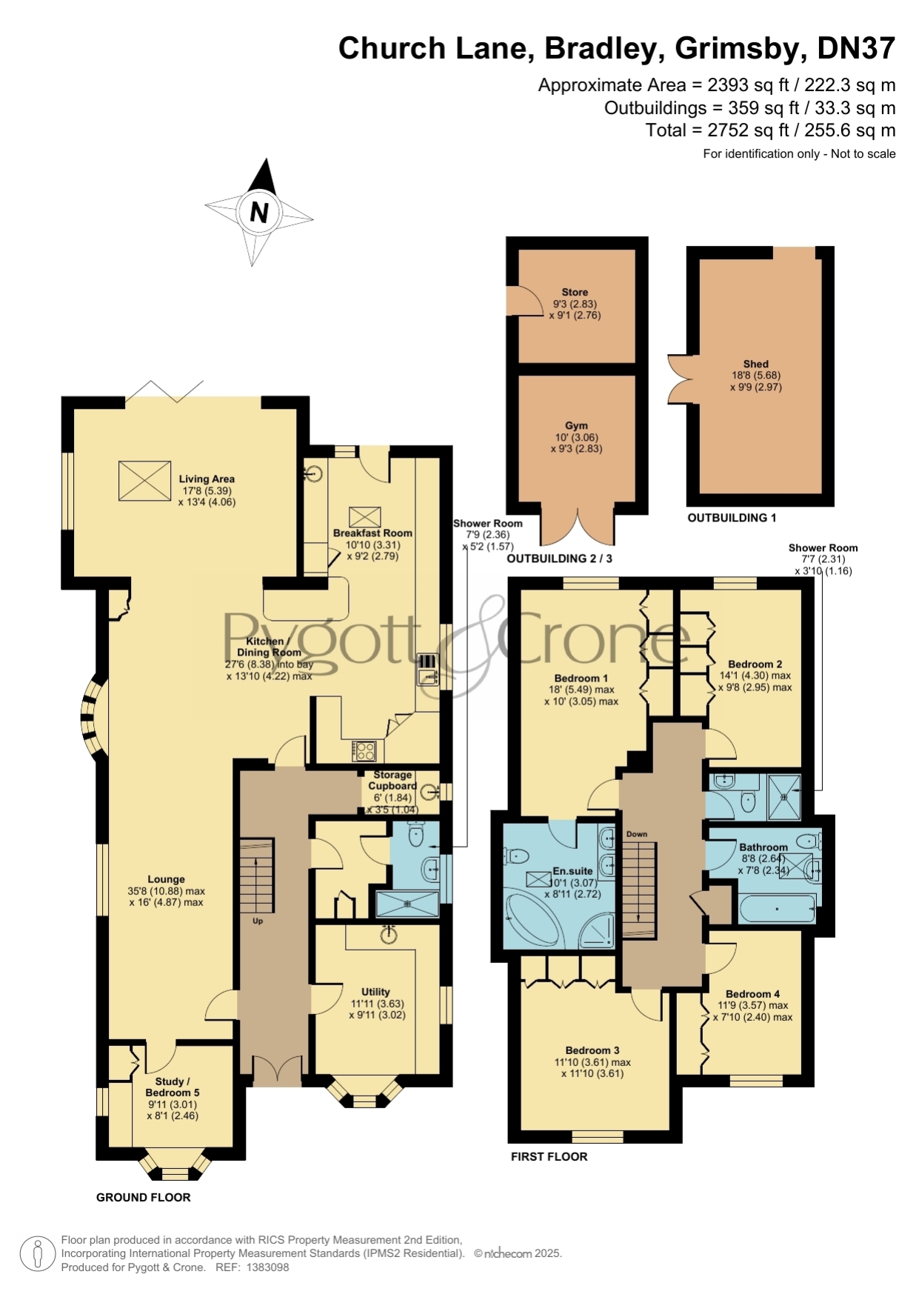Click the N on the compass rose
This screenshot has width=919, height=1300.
(259, 213)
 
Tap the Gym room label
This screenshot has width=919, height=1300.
(576, 426)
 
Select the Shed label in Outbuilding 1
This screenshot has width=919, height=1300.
(756, 364)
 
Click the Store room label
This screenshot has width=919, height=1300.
(575, 292)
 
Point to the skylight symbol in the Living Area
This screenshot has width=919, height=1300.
(144, 481)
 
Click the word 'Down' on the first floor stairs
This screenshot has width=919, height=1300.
(637, 834)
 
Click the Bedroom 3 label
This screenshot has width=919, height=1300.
(592, 1050)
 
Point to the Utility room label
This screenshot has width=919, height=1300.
(375, 992)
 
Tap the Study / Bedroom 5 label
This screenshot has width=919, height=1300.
(173, 1087)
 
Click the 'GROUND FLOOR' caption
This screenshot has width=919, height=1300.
(144, 1197)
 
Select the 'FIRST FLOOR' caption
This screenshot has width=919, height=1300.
(549, 1156)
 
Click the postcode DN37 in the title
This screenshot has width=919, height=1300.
(856, 48)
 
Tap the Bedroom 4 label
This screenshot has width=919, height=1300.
(752, 994)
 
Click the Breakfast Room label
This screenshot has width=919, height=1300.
(372, 533)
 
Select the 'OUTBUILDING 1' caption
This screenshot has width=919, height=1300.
(732, 518)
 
